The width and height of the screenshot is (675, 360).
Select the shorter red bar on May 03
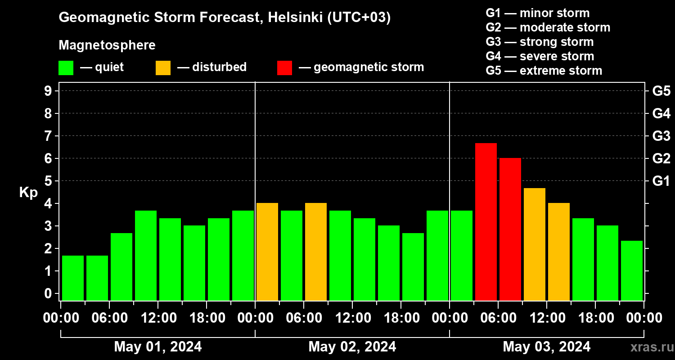point(510,229)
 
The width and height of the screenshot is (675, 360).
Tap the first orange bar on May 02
point(267,252)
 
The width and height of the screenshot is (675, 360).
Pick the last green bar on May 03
point(632,270)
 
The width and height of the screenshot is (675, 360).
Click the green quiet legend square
point(66,68)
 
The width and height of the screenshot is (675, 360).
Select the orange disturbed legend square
point(163,68)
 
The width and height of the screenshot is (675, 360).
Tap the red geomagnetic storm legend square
point(284,68)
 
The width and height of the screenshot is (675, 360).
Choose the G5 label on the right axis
point(661,91)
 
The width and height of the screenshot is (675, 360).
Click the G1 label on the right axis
point(661,181)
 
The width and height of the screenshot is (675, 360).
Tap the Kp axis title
point(28,193)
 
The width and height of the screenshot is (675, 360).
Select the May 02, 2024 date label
point(352,346)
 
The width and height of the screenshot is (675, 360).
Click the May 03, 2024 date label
point(546,346)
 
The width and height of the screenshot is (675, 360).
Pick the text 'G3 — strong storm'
point(540,42)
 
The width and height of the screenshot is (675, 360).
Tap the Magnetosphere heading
point(107,45)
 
